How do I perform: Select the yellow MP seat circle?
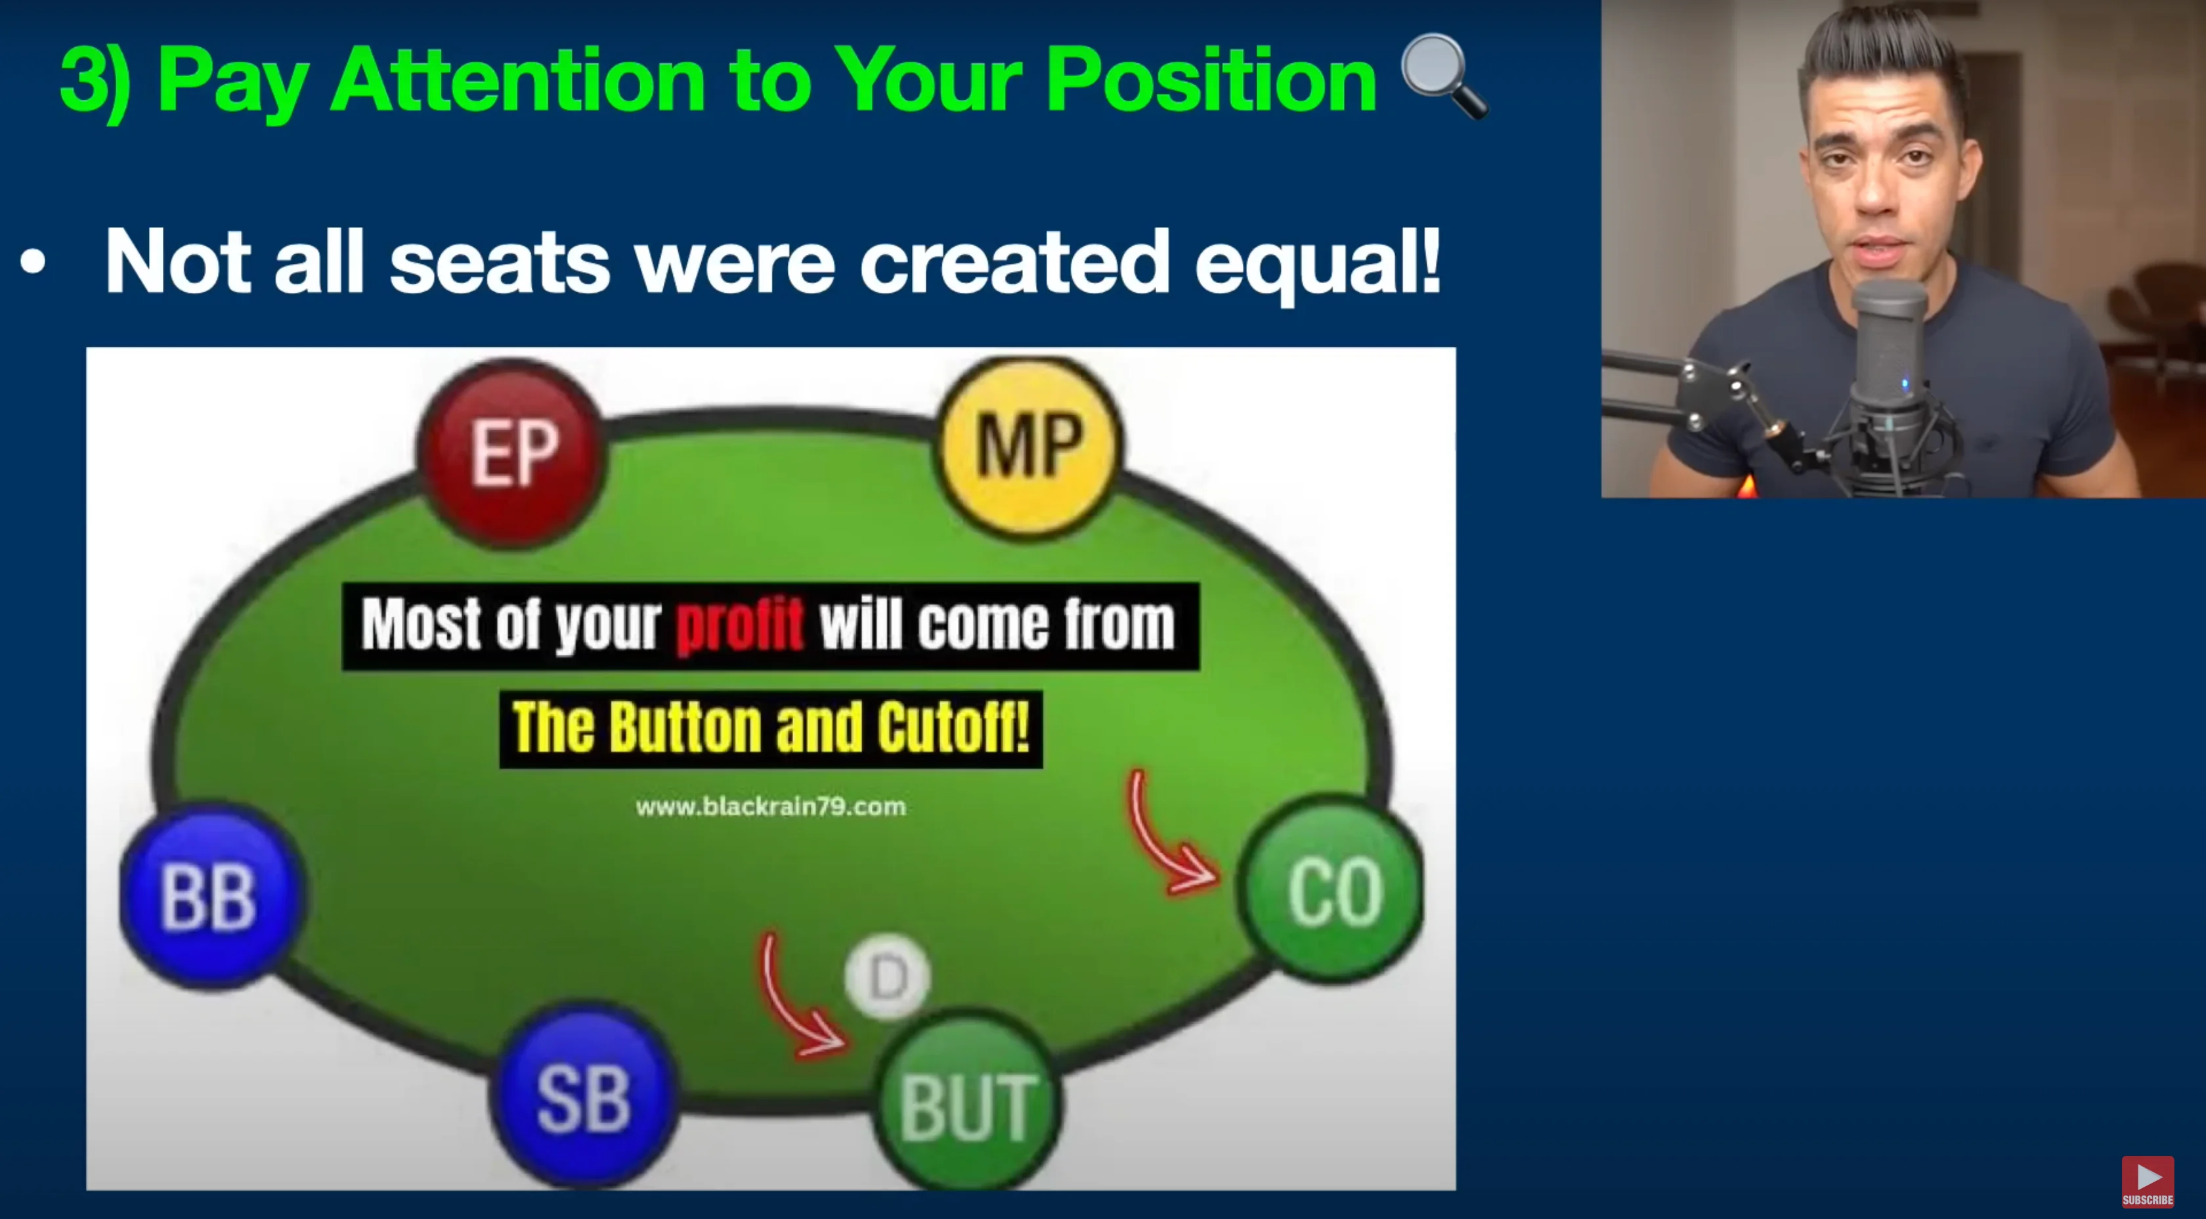pyautogui.click(x=1029, y=445)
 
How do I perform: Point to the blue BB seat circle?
pyautogui.click(x=212, y=896)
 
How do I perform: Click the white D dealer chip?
pyautogui.click(x=887, y=977)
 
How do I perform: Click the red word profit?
pyautogui.click(x=740, y=625)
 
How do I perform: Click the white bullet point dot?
pyautogui.click(x=33, y=262)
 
